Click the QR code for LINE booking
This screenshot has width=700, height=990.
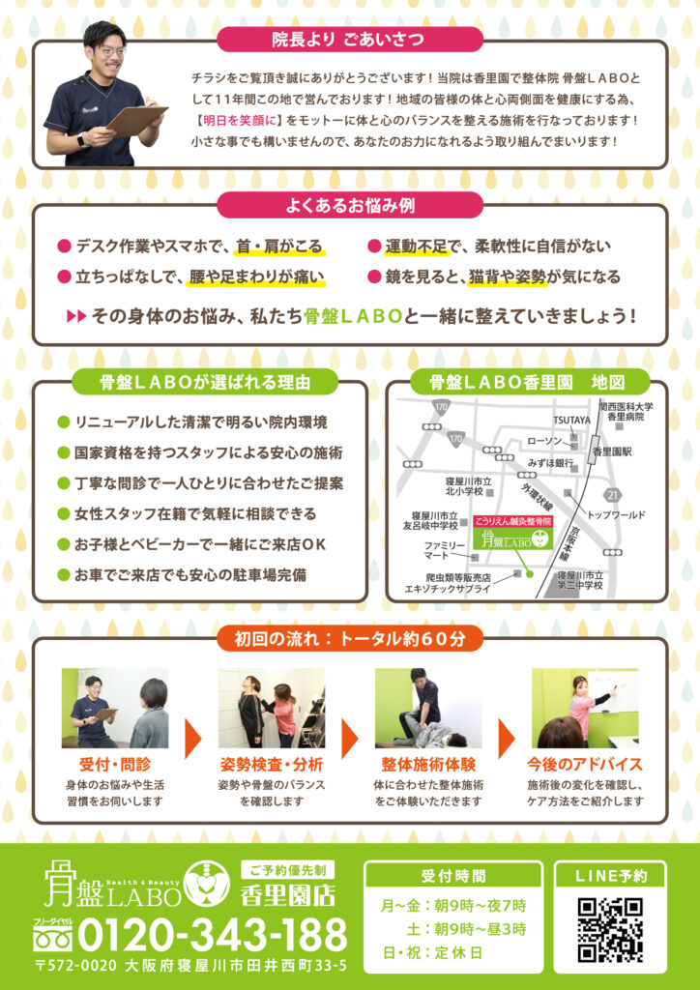610,930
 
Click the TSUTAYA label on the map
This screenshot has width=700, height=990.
571,420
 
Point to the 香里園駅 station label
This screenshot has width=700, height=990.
612,452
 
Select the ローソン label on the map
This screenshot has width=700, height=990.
544,441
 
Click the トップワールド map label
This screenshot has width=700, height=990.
616,515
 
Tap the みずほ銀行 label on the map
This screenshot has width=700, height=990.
551,463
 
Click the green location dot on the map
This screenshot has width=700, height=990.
530,574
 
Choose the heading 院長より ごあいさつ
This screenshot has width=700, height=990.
348,40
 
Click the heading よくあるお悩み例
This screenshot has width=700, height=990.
350,206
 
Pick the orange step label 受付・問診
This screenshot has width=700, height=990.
115,765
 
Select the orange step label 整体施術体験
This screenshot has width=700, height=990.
428,765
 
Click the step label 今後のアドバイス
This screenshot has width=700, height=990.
585,765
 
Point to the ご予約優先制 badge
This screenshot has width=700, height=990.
288,871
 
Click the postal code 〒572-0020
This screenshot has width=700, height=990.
77,966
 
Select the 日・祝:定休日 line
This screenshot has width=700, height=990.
432,952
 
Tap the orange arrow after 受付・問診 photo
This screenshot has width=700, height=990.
193,739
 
